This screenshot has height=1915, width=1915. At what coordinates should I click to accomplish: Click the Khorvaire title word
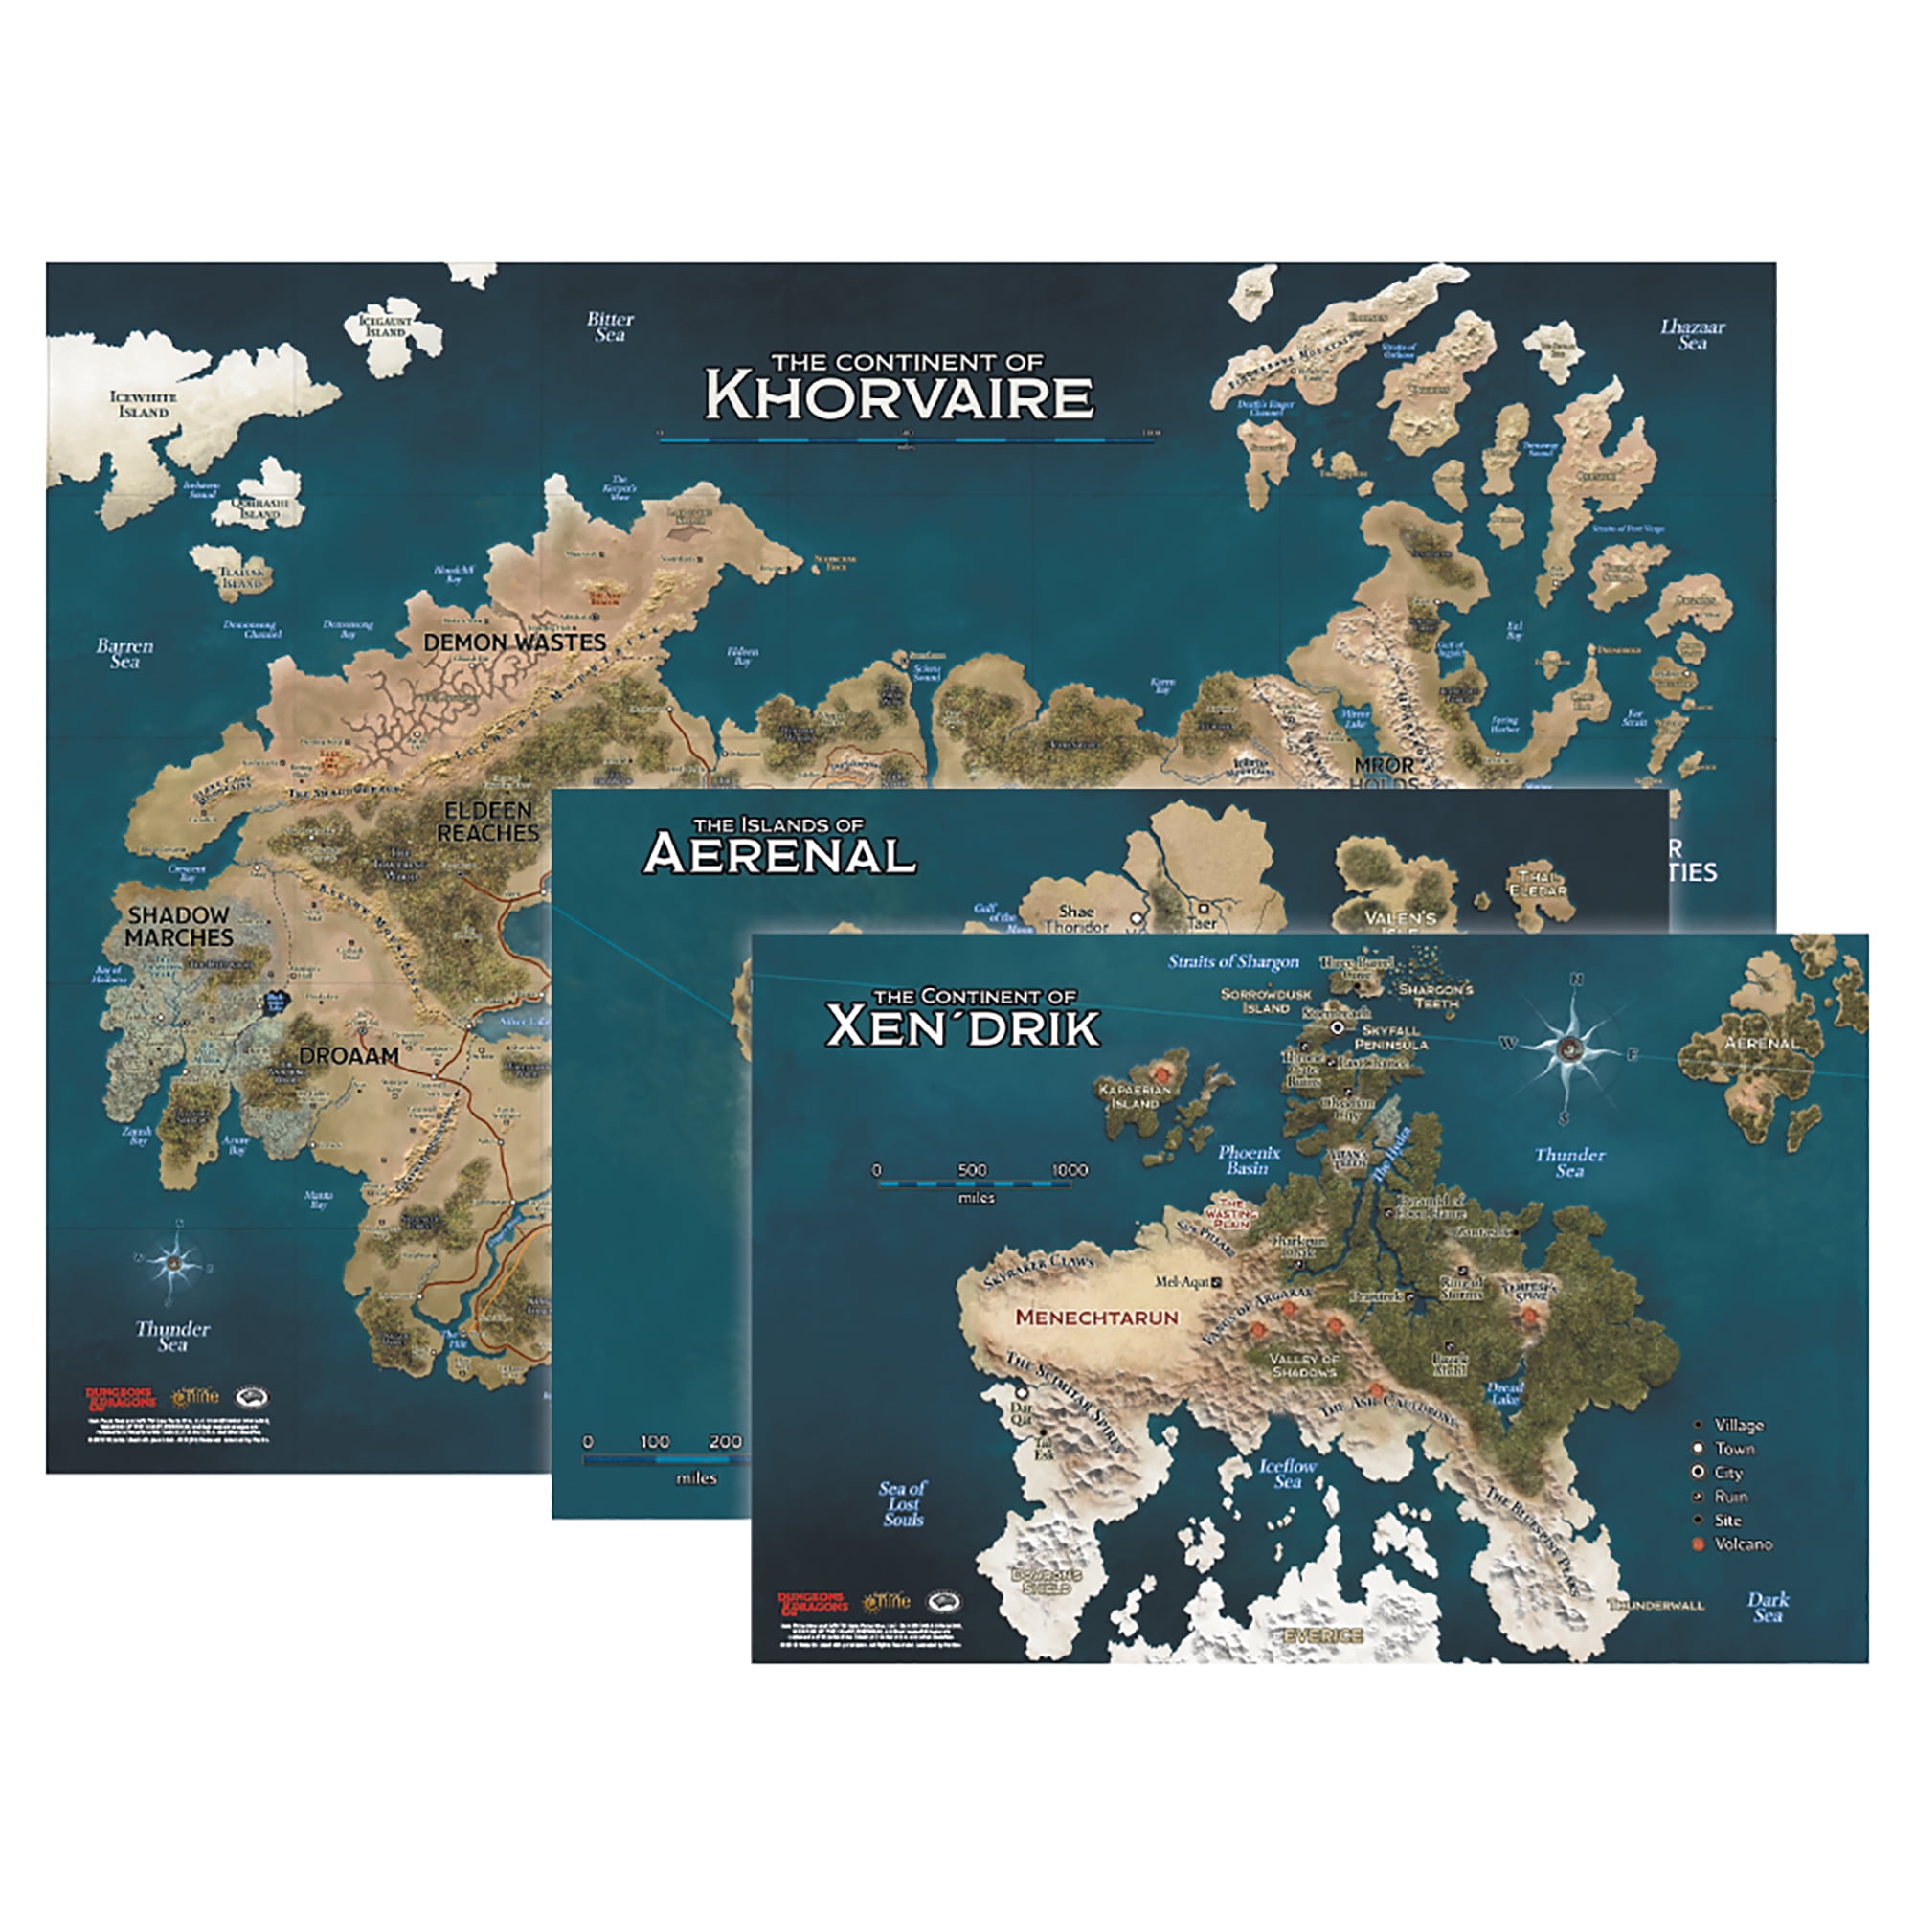click(x=898, y=396)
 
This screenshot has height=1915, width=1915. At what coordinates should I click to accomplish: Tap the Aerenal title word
click(x=780, y=854)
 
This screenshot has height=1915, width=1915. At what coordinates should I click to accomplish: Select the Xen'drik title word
click(x=962, y=1026)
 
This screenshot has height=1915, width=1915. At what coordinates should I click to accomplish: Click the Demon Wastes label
click(x=514, y=642)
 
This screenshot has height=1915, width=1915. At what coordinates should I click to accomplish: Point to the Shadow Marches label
click(x=178, y=926)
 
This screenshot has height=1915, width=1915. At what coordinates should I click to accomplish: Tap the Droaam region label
click(x=349, y=1055)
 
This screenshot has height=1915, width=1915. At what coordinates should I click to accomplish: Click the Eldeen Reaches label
click(x=487, y=822)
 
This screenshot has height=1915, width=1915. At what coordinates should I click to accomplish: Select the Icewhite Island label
click(x=143, y=404)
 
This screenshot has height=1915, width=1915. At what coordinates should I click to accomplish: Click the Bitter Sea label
click(x=610, y=327)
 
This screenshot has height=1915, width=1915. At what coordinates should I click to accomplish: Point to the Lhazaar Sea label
click(x=1693, y=335)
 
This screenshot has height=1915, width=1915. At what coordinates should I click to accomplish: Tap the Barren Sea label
click(x=124, y=653)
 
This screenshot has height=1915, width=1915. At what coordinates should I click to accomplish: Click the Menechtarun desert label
click(x=1097, y=1318)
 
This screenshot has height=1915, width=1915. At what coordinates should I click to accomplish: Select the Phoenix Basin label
click(x=1249, y=1160)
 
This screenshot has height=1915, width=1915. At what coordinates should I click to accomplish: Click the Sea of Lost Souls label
click(x=902, y=1503)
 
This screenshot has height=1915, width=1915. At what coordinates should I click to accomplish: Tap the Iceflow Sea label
click(x=1288, y=1474)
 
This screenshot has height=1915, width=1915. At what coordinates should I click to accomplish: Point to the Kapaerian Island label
click(x=1135, y=1096)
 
